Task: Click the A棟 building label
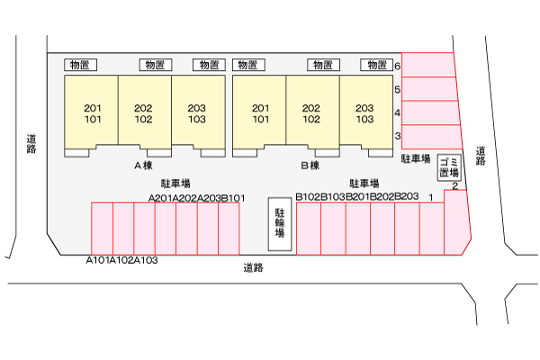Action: [x=144, y=166]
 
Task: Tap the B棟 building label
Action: [x=310, y=166]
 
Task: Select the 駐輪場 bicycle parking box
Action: [x=280, y=222]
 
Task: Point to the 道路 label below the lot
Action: [x=254, y=267]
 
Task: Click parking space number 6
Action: [x=428, y=65]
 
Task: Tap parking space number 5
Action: [x=428, y=89]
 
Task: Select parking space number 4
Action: [x=428, y=112]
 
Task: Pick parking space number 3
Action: [x=428, y=136]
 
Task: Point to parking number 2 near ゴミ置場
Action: [x=455, y=186]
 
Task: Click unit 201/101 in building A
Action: [x=91, y=113]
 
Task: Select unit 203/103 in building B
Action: [x=364, y=113]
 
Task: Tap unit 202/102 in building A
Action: [x=144, y=113]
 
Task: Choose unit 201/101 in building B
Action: [x=261, y=113]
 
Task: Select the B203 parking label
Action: [x=407, y=196]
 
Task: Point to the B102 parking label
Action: [x=309, y=196]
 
